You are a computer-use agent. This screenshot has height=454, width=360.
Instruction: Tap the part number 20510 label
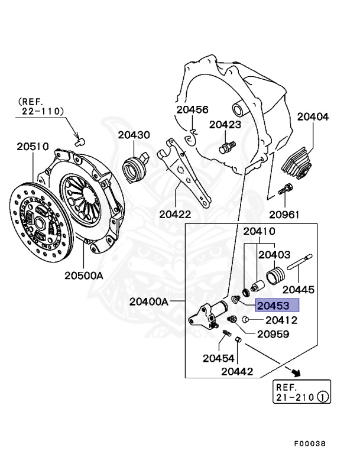(33, 147)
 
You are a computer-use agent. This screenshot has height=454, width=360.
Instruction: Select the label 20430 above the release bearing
(134, 135)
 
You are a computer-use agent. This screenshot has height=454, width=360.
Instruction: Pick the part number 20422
(175, 215)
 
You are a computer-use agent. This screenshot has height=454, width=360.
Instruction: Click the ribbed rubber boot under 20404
(297, 164)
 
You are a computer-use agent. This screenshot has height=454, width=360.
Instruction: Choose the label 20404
(313, 116)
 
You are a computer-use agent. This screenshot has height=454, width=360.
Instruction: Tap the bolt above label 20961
(286, 189)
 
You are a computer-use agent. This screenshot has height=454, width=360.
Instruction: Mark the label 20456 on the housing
(192, 109)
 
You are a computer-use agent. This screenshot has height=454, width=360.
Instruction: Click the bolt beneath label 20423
(227, 147)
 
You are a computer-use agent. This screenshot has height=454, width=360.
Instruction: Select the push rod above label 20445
(300, 262)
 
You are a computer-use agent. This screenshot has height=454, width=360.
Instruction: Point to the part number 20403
(274, 255)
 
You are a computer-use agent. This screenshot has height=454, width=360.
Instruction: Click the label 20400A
(148, 301)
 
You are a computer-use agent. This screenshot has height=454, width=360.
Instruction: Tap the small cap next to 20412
(245, 319)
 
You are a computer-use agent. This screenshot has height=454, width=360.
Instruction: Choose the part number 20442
(237, 371)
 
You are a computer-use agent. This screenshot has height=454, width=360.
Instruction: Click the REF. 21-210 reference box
(302, 391)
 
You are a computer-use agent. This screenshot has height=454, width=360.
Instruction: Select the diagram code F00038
(310, 443)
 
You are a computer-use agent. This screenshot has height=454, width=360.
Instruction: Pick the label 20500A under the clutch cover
(84, 275)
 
